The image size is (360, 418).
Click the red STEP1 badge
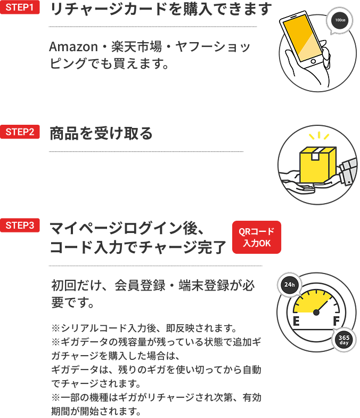pyautogui.click(x=20, y=8)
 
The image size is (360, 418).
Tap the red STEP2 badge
pyautogui.click(x=20, y=132)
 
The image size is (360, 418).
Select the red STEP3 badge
pyautogui.click(x=20, y=225)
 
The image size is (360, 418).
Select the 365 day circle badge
pyautogui.click(x=343, y=340)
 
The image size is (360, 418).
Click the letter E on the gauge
pyautogui.click(x=296, y=321)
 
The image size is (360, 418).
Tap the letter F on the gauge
pyautogui.click(x=336, y=321)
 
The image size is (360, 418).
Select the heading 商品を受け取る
pyautogui.click(x=101, y=133)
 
